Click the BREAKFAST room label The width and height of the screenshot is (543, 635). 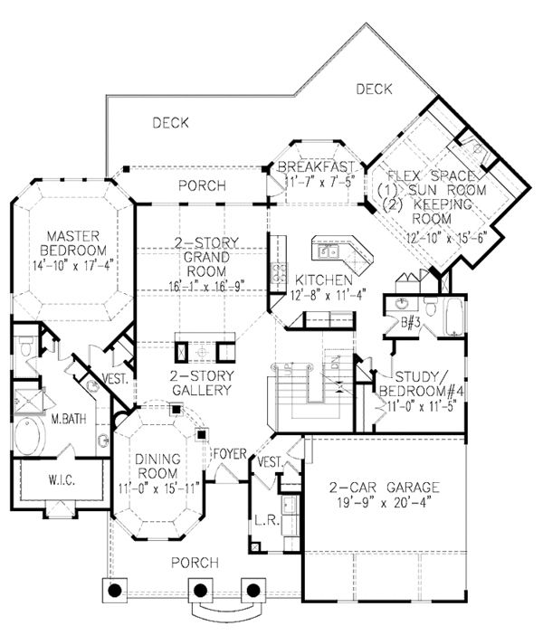(x=314, y=167)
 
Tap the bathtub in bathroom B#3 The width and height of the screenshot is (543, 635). (x=452, y=317)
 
